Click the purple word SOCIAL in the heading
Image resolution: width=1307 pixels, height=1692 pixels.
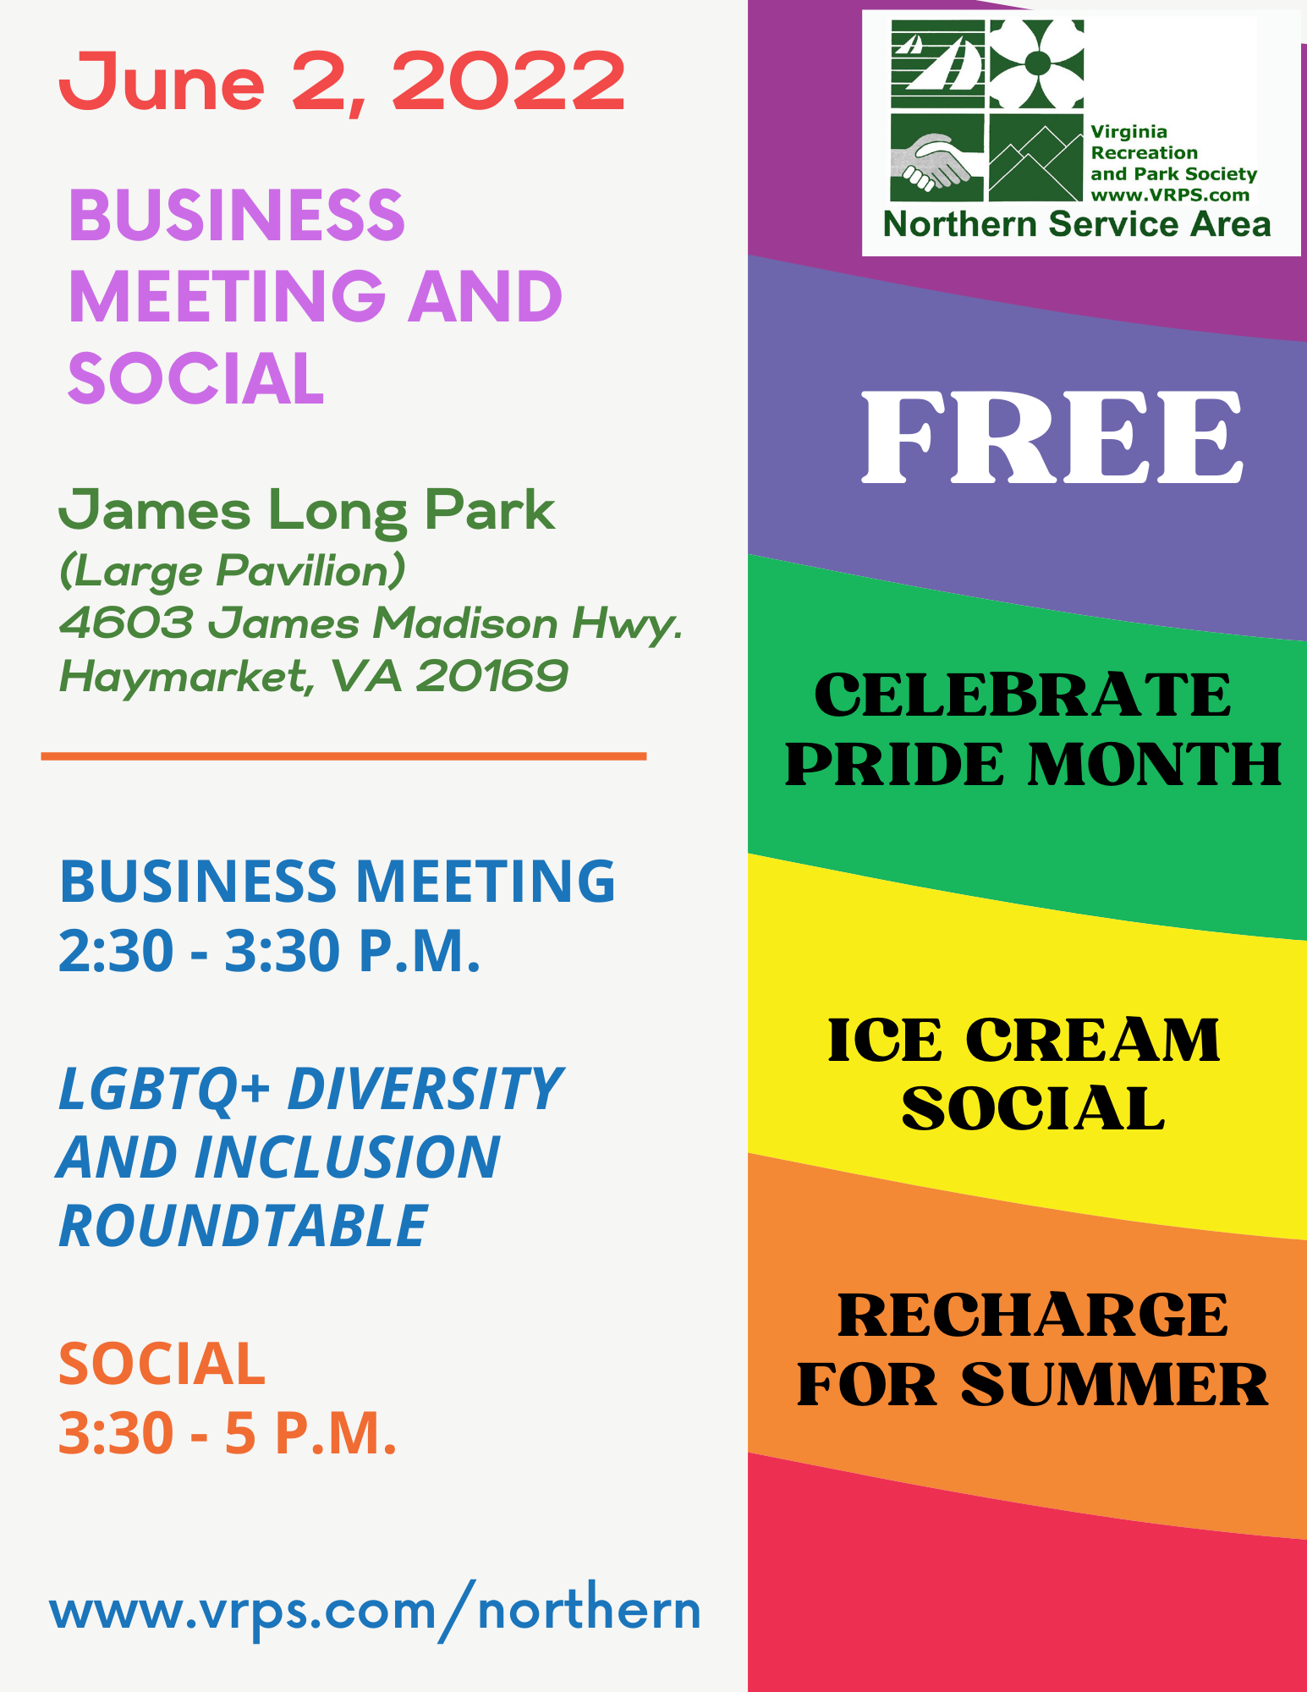point(195,378)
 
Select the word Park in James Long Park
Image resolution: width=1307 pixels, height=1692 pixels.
point(490,512)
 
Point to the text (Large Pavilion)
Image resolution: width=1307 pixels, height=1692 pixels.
point(232,571)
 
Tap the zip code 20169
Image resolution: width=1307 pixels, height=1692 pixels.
point(491,676)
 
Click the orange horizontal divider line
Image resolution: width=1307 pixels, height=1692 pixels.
point(343,756)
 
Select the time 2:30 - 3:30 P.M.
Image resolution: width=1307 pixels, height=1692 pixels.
point(269,951)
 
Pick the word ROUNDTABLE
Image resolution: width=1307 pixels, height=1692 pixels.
point(244,1226)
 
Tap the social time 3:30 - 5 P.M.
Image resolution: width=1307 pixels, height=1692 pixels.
point(228,1433)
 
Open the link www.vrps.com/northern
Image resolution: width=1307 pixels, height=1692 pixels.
point(376,1610)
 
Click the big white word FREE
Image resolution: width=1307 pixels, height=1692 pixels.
point(1052,437)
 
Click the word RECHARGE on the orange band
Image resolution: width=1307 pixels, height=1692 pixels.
point(1033,1316)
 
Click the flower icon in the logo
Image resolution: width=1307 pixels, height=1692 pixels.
point(1036,63)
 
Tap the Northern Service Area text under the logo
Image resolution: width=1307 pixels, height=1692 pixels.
point(1077,224)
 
